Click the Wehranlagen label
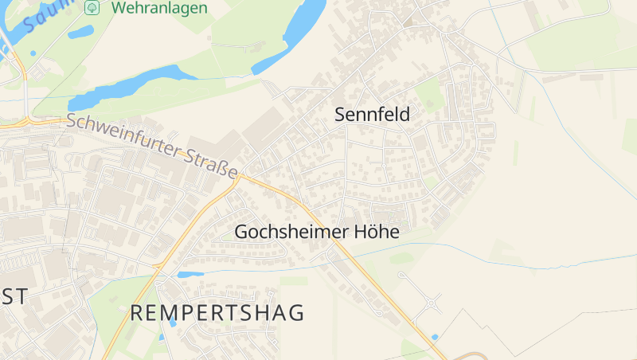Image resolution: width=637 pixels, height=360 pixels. [159, 8]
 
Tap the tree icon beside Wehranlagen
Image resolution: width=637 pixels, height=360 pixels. [92, 7]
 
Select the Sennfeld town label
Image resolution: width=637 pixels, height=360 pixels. [372, 115]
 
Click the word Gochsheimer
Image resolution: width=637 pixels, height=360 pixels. [291, 232]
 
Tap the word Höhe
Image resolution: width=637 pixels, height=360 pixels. [375, 232]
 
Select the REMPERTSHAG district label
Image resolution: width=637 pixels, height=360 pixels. [217, 313]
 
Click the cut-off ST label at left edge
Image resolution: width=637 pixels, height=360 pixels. [14, 296]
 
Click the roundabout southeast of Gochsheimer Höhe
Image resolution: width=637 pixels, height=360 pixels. [432, 303]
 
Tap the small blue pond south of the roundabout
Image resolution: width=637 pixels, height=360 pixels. [434, 337]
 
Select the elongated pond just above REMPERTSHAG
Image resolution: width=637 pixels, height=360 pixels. [190, 275]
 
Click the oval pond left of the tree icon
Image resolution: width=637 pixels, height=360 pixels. [80, 33]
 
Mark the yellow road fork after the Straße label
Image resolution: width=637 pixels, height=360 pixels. [239, 177]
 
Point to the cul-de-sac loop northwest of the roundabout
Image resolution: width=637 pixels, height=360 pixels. [402, 276]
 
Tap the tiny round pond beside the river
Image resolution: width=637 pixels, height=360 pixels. [33, 53]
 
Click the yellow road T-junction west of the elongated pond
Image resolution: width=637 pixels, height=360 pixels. [155, 264]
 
